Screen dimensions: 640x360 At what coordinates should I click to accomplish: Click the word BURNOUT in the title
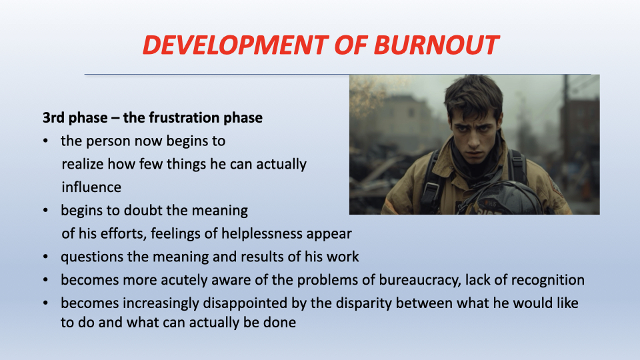[x=436, y=45]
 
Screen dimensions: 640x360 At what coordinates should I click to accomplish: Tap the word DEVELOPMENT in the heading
[x=235, y=45]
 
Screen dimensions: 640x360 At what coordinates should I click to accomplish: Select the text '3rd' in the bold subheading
[x=54, y=117]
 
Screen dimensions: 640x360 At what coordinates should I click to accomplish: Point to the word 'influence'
[x=91, y=187]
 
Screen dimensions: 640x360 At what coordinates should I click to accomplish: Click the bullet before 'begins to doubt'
[x=45, y=211]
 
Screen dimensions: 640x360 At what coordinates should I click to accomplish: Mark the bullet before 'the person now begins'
[x=45, y=141]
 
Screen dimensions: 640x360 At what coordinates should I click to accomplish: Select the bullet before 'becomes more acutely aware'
[x=45, y=280]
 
